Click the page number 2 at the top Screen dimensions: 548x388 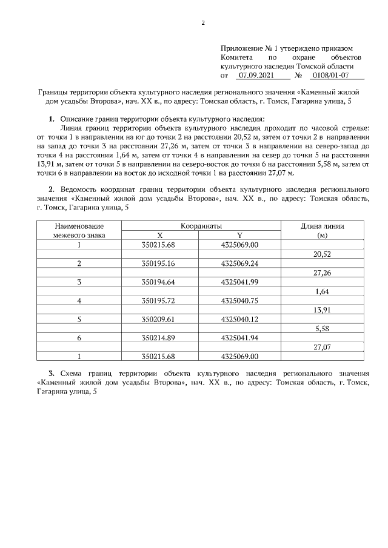click(x=203, y=24)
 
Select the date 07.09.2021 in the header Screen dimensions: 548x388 click(x=256, y=76)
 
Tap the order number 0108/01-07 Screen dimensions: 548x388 click(x=329, y=76)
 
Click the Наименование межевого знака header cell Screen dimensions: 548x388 click(x=79, y=230)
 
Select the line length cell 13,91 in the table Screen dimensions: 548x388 click(x=322, y=309)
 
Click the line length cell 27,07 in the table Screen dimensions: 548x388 click(x=322, y=346)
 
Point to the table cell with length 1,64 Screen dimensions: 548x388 click(x=322, y=291)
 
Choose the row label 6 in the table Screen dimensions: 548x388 click(x=79, y=337)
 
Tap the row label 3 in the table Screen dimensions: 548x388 click(x=79, y=282)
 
